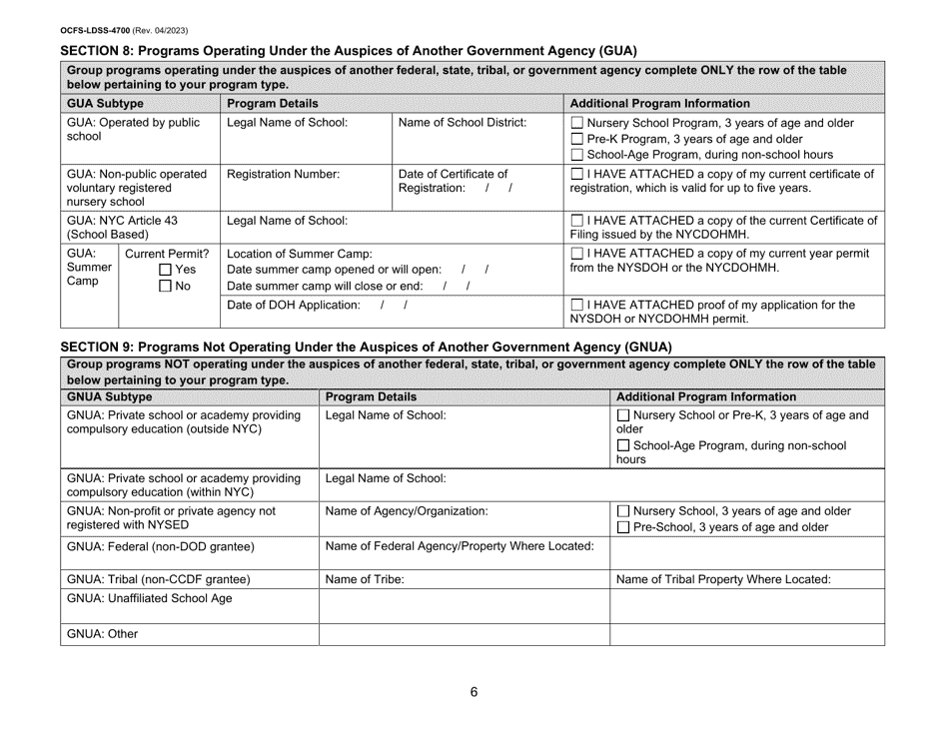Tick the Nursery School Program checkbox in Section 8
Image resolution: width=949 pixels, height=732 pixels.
point(578,123)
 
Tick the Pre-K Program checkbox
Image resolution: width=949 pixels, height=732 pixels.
point(578,139)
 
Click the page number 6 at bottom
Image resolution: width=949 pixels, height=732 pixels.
point(474,689)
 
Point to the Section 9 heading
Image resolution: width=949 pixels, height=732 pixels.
point(366,347)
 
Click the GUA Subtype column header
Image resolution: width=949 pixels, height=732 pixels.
point(105,102)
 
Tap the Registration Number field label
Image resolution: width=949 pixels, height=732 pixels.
point(284,175)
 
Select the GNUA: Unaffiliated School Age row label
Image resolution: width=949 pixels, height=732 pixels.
point(150,599)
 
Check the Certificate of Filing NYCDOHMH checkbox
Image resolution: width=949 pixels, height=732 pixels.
point(578,221)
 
